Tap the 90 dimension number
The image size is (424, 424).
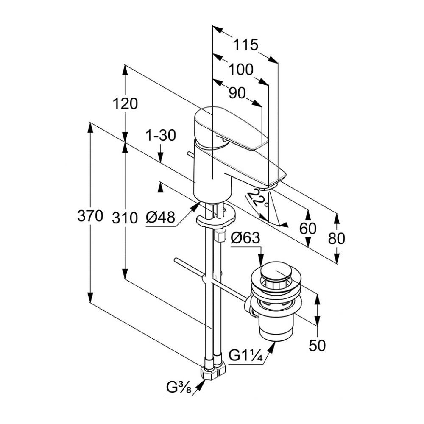click(x=237, y=93)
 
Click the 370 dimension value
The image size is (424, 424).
click(x=90, y=216)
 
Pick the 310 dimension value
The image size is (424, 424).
click(x=125, y=218)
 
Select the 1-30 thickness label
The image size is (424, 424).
click(x=160, y=136)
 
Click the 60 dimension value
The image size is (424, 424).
click(x=308, y=229)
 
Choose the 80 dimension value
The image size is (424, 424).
click(x=337, y=238)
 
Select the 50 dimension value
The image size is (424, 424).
click(x=317, y=346)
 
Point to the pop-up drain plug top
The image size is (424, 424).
click(x=276, y=271)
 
